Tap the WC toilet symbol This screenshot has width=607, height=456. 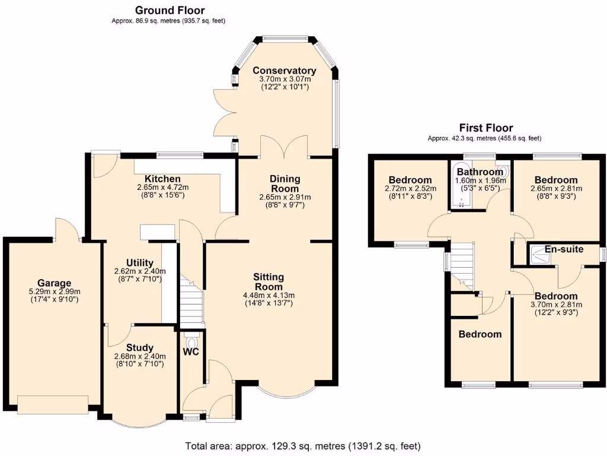pos(191,343)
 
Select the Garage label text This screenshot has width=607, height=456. pos(55,283)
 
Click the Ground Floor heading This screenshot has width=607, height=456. pos(170,10)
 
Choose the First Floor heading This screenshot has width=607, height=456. pos(485,128)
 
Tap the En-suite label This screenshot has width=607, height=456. pos(564,249)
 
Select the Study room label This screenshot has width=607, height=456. pos(140,347)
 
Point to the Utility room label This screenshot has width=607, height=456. pos(140,262)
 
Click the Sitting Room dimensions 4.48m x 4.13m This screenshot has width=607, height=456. pos(269,295)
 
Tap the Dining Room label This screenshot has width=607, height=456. pos(285,183)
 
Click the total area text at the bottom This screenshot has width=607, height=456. pos(303,445)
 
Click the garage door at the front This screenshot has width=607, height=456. pos(53,404)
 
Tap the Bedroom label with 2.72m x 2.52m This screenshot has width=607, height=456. pos(410,180)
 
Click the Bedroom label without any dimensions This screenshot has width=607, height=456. pos(480,334)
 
